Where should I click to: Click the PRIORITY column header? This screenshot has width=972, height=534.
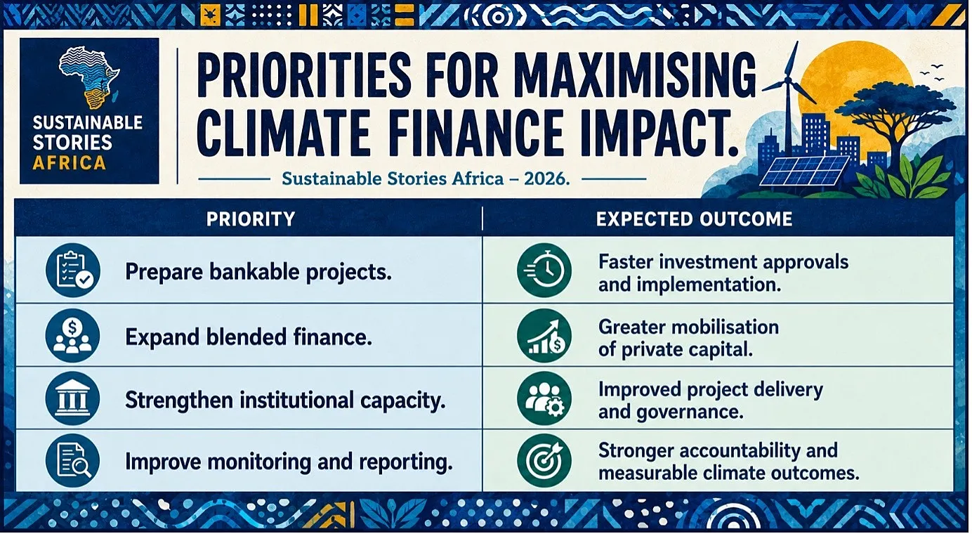(x=251, y=219)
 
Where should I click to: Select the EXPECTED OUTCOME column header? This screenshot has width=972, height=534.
(x=695, y=219)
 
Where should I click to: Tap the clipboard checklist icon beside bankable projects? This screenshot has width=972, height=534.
(x=73, y=270)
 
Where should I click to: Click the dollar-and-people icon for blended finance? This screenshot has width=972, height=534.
(x=72, y=336)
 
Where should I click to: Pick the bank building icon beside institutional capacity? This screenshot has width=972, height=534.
(x=72, y=398)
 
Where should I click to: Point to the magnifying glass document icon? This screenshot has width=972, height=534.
(x=72, y=461)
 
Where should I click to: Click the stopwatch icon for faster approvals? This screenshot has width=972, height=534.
(x=544, y=270)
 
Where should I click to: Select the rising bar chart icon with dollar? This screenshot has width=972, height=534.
(x=544, y=336)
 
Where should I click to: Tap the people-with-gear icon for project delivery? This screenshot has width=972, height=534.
(x=544, y=398)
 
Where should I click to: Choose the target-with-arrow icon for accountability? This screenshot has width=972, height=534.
(x=544, y=461)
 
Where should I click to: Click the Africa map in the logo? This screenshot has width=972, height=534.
(x=89, y=77)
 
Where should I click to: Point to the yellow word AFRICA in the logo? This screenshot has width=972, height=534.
(x=69, y=163)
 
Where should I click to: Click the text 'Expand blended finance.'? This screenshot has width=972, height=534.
(x=249, y=337)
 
